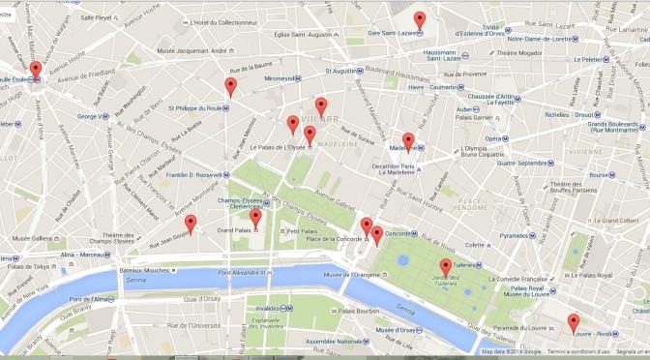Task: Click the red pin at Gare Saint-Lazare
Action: [x=420, y=21]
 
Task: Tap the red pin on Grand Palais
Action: [x=255, y=219]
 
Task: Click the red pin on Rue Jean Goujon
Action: [x=191, y=225]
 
